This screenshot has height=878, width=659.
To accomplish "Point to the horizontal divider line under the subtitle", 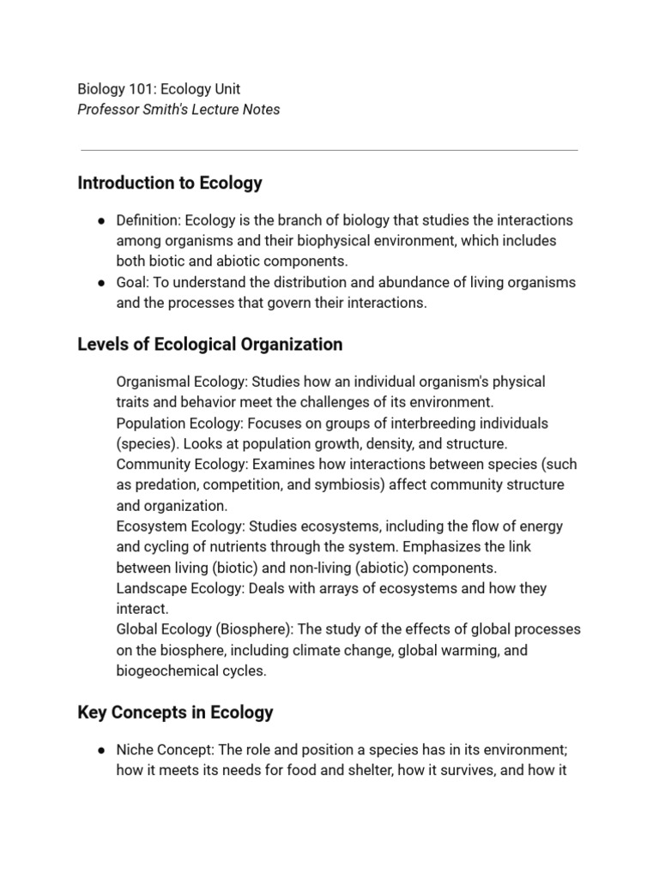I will (329, 150).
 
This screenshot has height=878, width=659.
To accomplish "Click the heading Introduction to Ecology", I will (170, 183).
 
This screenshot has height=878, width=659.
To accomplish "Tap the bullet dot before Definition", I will (101, 221).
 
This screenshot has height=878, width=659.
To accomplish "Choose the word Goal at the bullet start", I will (131, 282).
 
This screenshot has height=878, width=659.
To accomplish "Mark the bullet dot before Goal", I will (101, 283).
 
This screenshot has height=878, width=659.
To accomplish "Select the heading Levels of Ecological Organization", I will (209, 344).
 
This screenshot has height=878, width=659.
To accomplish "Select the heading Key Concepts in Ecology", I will (175, 712).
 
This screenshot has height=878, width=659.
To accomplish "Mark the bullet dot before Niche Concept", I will (101, 750).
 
